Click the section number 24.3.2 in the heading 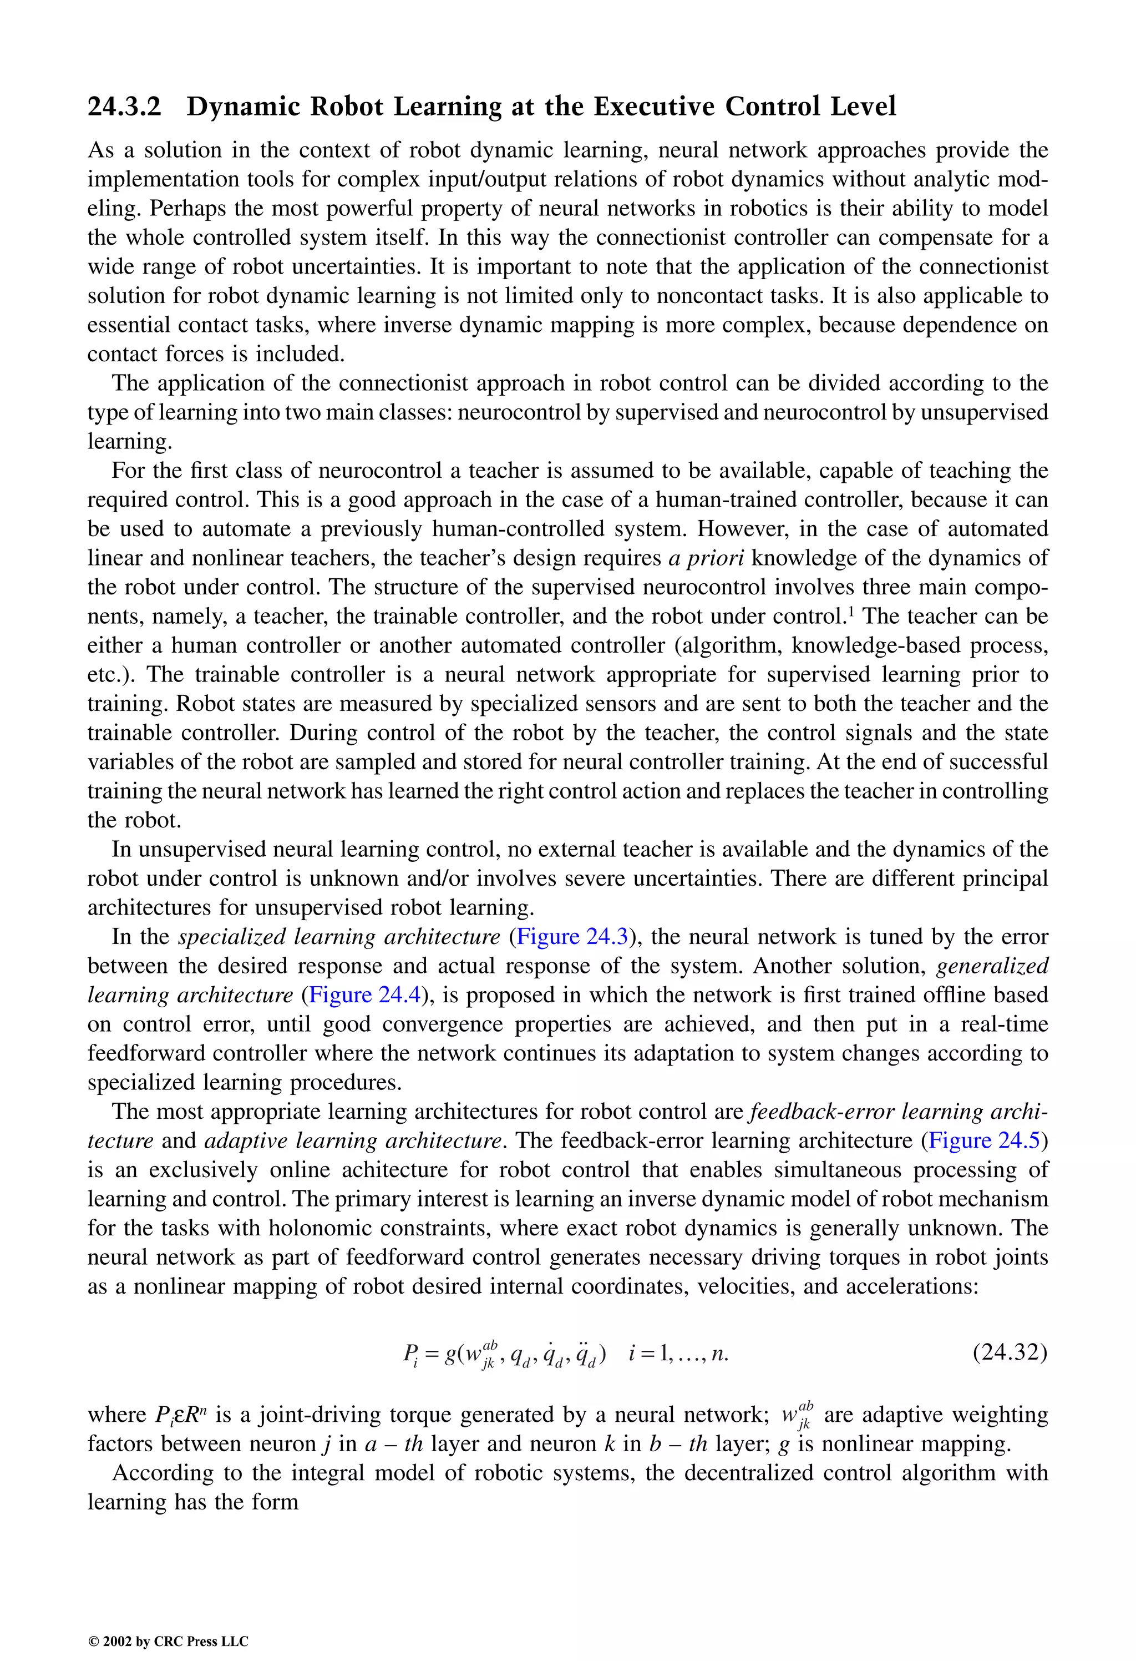click(x=124, y=107)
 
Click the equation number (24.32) click(x=1010, y=1353)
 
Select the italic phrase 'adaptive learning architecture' click(x=352, y=1140)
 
